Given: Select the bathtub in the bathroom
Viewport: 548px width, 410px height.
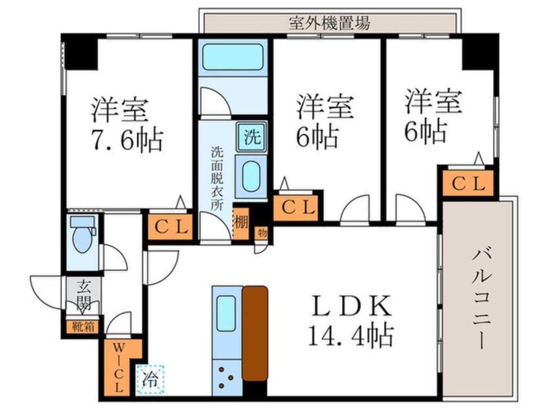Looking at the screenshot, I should [x=234, y=58].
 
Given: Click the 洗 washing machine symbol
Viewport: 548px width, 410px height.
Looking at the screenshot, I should [x=251, y=137].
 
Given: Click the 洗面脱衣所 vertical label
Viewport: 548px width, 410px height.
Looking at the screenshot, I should [x=216, y=178].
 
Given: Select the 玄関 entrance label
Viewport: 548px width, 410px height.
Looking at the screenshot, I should [x=84, y=294].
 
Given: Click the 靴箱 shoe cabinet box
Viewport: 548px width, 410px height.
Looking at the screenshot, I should [x=83, y=327].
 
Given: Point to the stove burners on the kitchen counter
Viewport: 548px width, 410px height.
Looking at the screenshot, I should [x=227, y=377].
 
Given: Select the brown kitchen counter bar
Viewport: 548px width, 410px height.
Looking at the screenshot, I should [x=255, y=333].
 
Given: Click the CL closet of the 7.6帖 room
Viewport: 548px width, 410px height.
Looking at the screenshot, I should [x=170, y=226].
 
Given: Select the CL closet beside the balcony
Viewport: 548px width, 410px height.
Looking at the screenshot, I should [x=468, y=184].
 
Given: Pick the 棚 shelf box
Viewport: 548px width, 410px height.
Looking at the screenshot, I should [x=241, y=221].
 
